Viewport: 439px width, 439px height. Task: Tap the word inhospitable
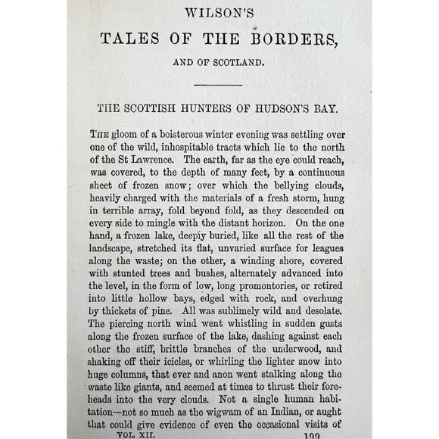(195, 145)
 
